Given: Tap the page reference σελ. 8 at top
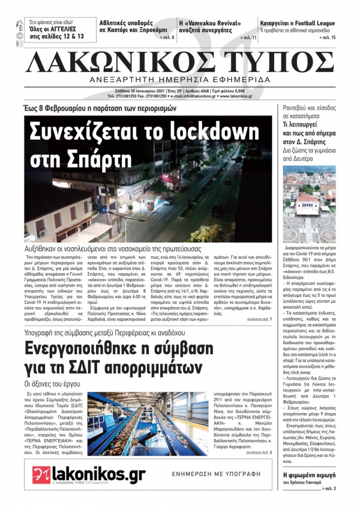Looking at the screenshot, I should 164,38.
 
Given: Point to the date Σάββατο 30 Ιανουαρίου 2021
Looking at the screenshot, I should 140,90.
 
